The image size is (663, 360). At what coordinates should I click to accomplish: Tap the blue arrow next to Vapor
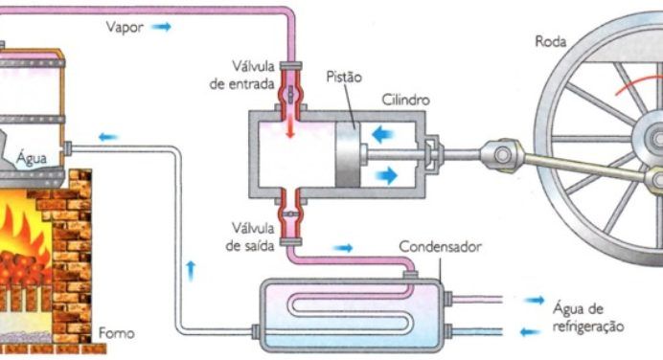coord(161,28)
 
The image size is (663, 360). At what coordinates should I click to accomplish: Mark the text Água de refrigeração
coord(587,317)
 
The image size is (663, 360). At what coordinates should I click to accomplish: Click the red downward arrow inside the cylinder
coord(289,126)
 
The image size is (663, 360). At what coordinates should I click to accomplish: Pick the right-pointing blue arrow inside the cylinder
coord(387,175)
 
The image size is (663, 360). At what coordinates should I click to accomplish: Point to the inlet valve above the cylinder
coord(289,95)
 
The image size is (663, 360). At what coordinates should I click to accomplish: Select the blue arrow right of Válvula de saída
coord(342,248)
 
